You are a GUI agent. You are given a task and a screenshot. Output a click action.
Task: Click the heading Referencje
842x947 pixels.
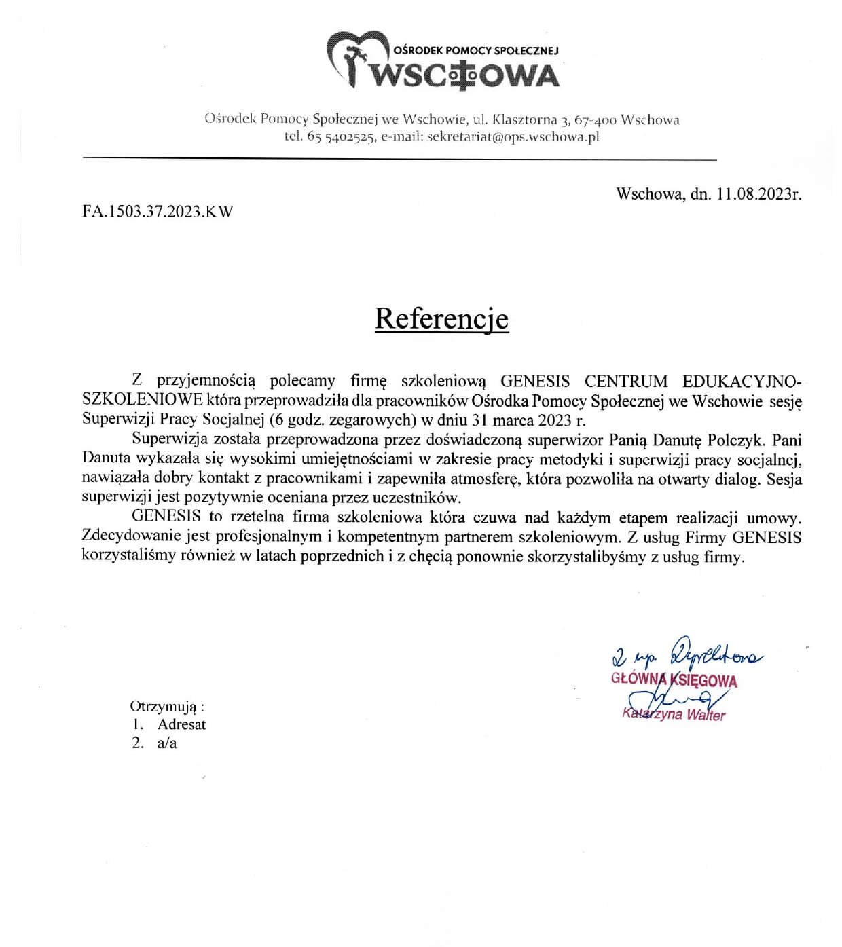point(441,318)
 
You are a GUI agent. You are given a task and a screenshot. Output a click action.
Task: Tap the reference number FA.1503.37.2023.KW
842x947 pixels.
point(158,211)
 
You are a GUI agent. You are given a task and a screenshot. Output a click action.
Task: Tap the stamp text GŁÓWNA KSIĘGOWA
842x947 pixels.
point(674,681)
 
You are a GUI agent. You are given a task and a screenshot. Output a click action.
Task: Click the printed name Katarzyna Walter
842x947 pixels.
point(674,714)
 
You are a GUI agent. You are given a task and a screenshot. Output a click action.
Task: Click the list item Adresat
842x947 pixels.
point(181,724)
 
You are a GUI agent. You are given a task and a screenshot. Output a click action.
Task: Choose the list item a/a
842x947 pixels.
point(166,743)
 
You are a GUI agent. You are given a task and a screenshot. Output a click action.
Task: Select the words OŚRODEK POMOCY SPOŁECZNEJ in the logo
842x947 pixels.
point(475,50)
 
